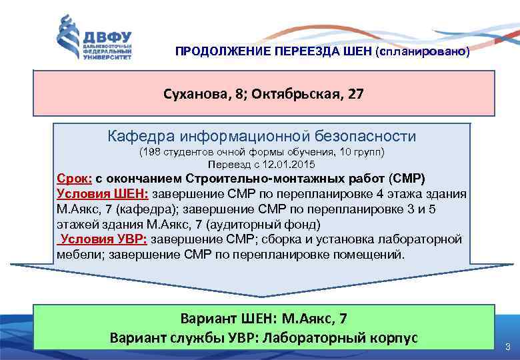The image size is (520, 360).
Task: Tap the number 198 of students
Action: tap(151, 153)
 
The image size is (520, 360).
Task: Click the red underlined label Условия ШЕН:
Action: tap(103, 194)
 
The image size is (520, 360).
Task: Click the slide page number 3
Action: tap(508, 347)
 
